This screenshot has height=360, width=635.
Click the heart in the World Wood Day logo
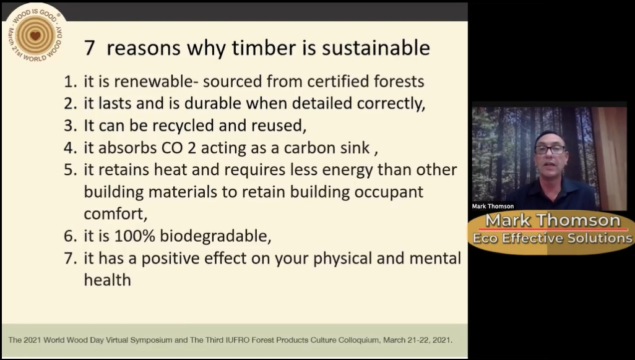pyautogui.click(x=35, y=36)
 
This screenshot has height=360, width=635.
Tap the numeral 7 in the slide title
pyautogui.click(x=90, y=48)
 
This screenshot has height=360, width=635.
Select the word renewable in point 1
pyautogui.click(x=153, y=82)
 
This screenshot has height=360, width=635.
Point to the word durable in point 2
pyautogui.click(x=213, y=103)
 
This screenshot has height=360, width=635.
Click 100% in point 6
pyautogui.click(x=135, y=236)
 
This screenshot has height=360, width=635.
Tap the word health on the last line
pyautogui.click(x=107, y=280)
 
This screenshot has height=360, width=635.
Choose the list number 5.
pyautogui.click(x=70, y=170)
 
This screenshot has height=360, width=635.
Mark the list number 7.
pyautogui.click(x=70, y=259)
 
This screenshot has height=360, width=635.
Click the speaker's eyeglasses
pyautogui.click(x=550, y=150)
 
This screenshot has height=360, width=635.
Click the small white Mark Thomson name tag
pyautogui.click(x=493, y=206)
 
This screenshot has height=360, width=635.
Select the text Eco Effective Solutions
pyautogui.click(x=553, y=238)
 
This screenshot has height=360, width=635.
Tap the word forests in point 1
pyautogui.click(x=399, y=82)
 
